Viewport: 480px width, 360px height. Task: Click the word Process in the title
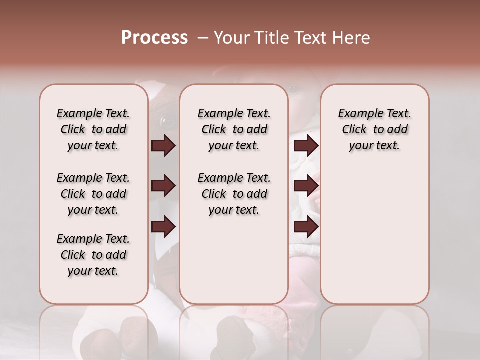pyautogui.click(x=154, y=38)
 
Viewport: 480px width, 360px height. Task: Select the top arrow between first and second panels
pyautogui.click(x=163, y=146)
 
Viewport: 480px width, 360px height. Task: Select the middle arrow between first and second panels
pyautogui.click(x=163, y=186)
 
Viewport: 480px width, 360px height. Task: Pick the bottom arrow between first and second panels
pyautogui.click(x=163, y=227)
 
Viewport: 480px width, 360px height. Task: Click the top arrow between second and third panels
pyautogui.click(x=306, y=146)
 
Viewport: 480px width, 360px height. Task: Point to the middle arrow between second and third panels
pyautogui.click(x=306, y=186)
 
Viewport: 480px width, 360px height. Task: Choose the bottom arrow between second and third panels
pyautogui.click(x=306, y=227)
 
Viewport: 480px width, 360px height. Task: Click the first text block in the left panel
pyautogui.click(x=93, y=129)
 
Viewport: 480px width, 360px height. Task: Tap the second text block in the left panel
pyautogui.click(x=93, y=194)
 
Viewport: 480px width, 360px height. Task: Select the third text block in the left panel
pyautogui.click(x=93, y=255)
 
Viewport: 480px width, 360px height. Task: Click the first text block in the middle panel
pyautogui.click(x=234, y=129)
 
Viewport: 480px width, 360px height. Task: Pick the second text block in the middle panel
pyautogui.click(x=234, y=194)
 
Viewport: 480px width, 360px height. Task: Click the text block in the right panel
pyautogui.click(x=374, y=129)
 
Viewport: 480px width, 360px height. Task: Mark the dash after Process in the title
pyautogui.click(x=202, y=38)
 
